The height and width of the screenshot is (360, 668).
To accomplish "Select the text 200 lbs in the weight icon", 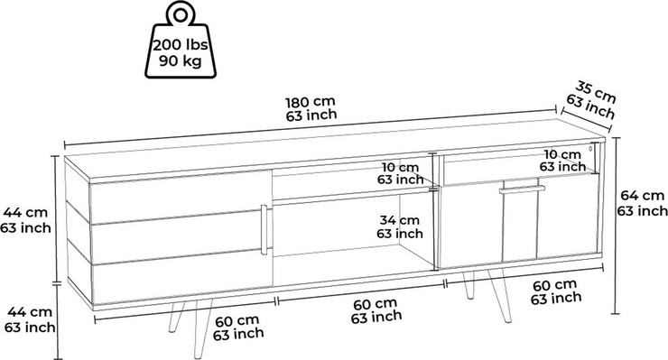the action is tap(181, 45).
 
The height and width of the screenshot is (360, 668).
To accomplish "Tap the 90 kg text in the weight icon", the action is tap(181, 61).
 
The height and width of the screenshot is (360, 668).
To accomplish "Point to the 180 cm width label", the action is tap(311, 102).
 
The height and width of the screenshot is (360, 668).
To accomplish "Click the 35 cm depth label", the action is tap(596, 92).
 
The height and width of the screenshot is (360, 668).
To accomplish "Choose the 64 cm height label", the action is tap(642, 196).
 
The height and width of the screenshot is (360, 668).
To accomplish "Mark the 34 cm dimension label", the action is tap(399, 220).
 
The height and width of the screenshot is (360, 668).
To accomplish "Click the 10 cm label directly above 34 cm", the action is tap(400, 167).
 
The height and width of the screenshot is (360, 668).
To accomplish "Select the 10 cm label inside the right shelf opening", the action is tap(561, 154).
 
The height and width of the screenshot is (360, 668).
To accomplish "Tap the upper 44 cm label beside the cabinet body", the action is tap(25, 212).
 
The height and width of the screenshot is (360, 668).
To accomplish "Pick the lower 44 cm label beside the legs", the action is tap(30, 312).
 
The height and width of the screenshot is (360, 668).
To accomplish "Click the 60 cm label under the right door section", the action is tap(554, 285).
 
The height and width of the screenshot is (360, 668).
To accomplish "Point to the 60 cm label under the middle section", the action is tap(375, 305).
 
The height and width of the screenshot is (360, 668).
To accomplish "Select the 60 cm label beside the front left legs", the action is tap(237, 320).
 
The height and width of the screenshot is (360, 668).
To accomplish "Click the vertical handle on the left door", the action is tap(264, 230).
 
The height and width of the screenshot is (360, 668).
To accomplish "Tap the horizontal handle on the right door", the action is tap(522, 189).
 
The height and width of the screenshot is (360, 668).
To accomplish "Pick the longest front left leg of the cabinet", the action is tap(201, 328).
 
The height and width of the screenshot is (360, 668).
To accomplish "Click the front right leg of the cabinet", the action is tap(499, 295).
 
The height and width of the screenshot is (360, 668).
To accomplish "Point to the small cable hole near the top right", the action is tap(591, 149).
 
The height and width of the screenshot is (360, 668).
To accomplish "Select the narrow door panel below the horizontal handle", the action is tap(520, 226).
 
